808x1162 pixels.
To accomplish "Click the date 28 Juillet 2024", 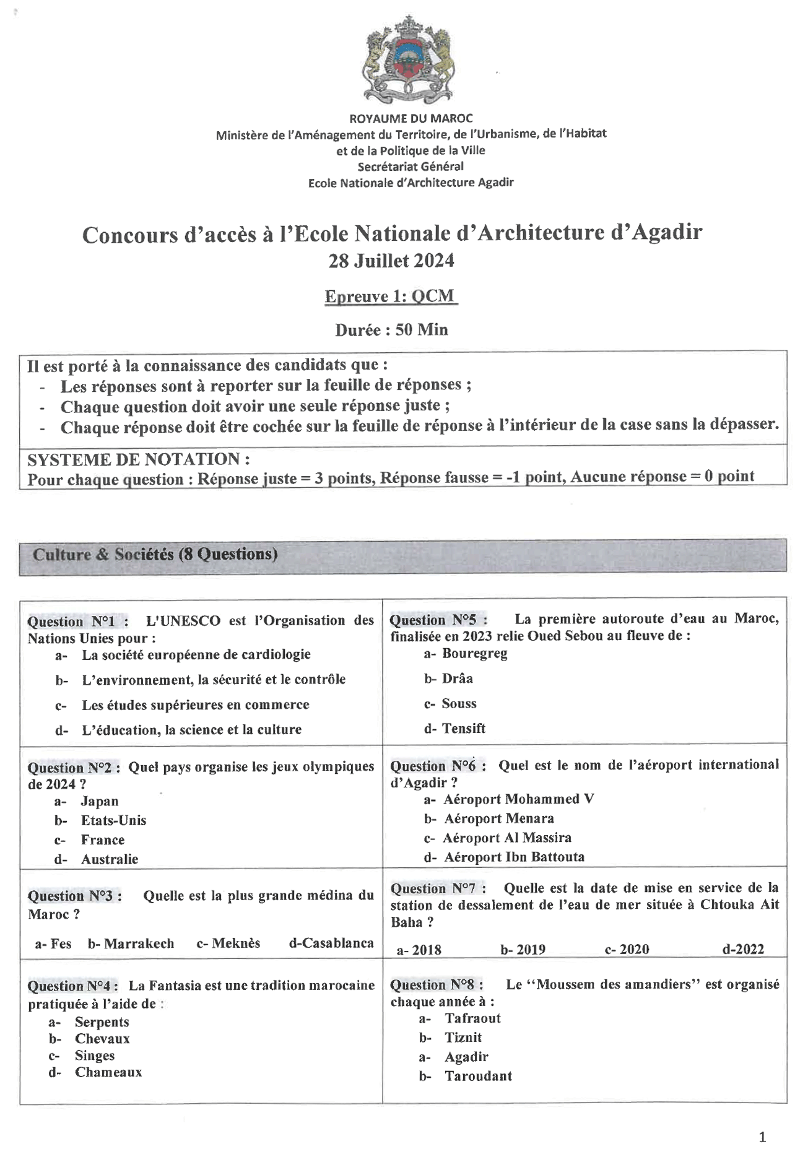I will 391,261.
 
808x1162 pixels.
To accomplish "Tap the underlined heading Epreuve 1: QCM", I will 391,297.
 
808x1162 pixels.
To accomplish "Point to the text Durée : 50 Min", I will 391,330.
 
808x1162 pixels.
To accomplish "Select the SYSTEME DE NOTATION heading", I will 139,459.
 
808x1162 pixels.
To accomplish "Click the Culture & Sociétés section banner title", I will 155,554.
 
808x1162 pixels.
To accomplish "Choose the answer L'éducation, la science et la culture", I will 191,730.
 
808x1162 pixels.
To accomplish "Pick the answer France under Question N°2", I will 103,840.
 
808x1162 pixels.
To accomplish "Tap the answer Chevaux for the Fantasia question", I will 102,1039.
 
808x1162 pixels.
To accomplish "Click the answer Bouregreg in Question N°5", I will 474,654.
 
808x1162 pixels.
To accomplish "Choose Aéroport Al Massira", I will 506,838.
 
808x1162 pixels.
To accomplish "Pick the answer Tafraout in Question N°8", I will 472,1018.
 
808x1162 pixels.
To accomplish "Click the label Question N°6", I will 437,766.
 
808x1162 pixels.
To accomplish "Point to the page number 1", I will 762,1137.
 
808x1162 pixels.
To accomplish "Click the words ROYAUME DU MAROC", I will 411,118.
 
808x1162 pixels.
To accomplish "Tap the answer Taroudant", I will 478,1076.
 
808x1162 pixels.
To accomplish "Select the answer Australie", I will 110,859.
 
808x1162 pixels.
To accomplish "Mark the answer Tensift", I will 463,729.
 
